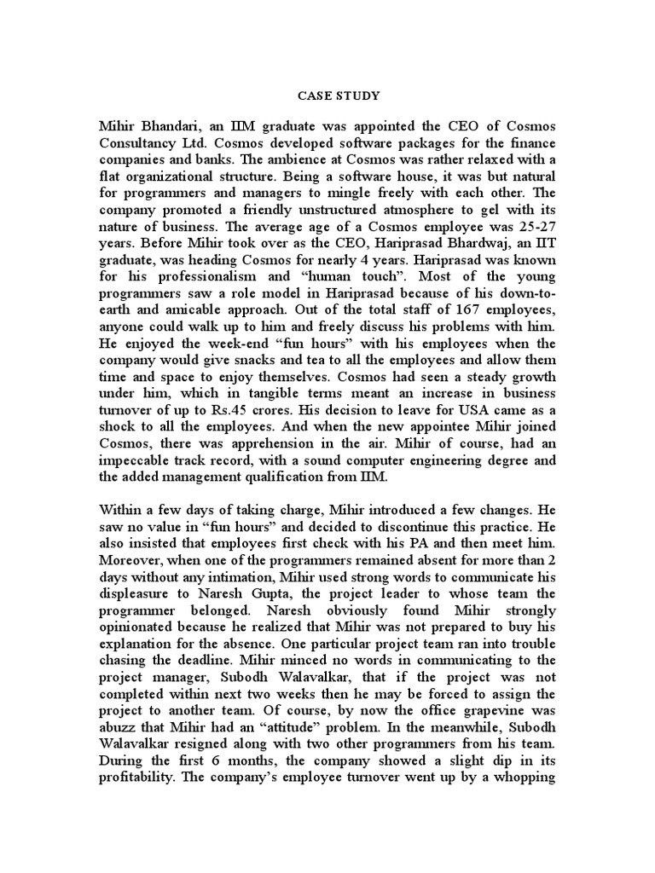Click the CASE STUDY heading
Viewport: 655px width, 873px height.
(x=327, y=95)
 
